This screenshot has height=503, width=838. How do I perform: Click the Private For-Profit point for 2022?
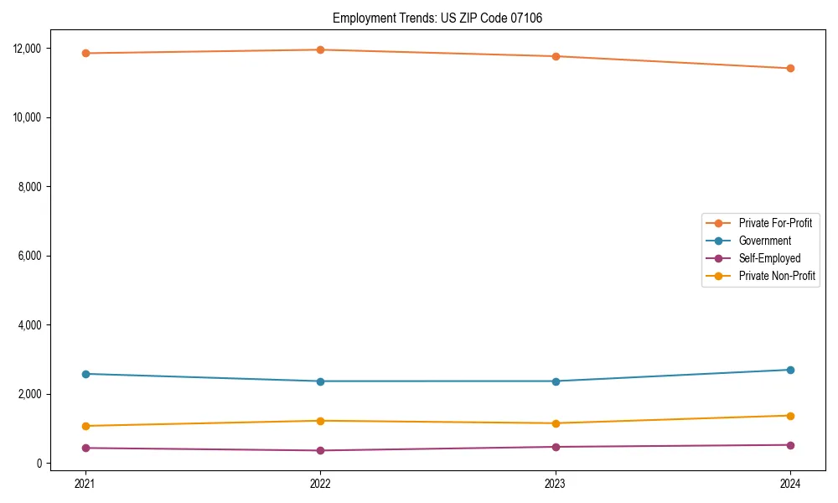pyautogui.click(x=320, y=49)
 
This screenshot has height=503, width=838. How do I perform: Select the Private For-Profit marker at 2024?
pyautogui.click(x=790, y=69)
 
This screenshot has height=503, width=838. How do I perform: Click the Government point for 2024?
pyautogui.click(x=790, y=370)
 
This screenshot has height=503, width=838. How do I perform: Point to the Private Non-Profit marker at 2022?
pyautogui.click(x=320, y=421)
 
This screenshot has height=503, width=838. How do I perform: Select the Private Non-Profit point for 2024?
pyautogui.click(x=790, y=416)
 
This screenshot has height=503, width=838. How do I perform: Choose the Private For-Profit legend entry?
pyautogui.click(x=774, y=223)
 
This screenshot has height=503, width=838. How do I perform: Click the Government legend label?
pyautogui.click(x=764, y=241)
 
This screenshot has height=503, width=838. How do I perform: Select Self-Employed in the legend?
pyautogui.click(x=769, y=258)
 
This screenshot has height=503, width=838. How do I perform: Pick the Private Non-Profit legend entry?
pyautogui.click(x=777, y=276)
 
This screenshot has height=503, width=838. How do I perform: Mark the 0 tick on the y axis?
pyautogui.click(x=39, y=464)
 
